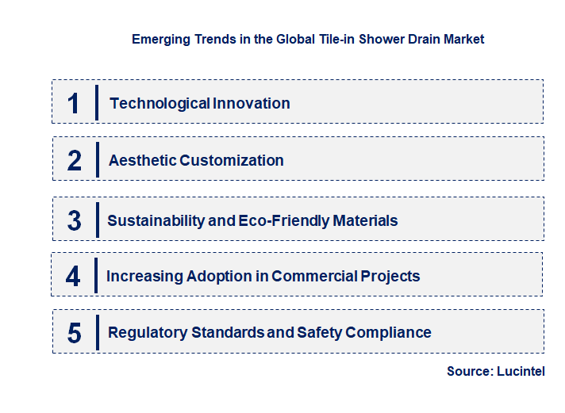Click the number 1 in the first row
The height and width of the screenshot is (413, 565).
tap(74, 103)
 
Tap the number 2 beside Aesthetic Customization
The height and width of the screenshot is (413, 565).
tap(75, 160)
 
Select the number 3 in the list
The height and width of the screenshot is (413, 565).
tap(75, 220)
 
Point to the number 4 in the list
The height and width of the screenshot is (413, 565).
tap(73, 277)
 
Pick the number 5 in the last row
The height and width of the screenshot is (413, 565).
tap(75, 333)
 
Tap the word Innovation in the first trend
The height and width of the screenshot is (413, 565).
tap(251, 103)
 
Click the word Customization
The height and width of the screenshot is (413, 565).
tap(232, 160)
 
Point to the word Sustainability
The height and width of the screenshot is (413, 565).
tap(156, 220)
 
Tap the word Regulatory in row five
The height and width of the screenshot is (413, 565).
tap(148, 333)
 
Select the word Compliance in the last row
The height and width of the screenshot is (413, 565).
tap(390, 333)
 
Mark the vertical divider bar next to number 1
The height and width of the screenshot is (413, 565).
tap(96, 102)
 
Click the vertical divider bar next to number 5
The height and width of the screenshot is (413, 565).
tap(96, 331)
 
